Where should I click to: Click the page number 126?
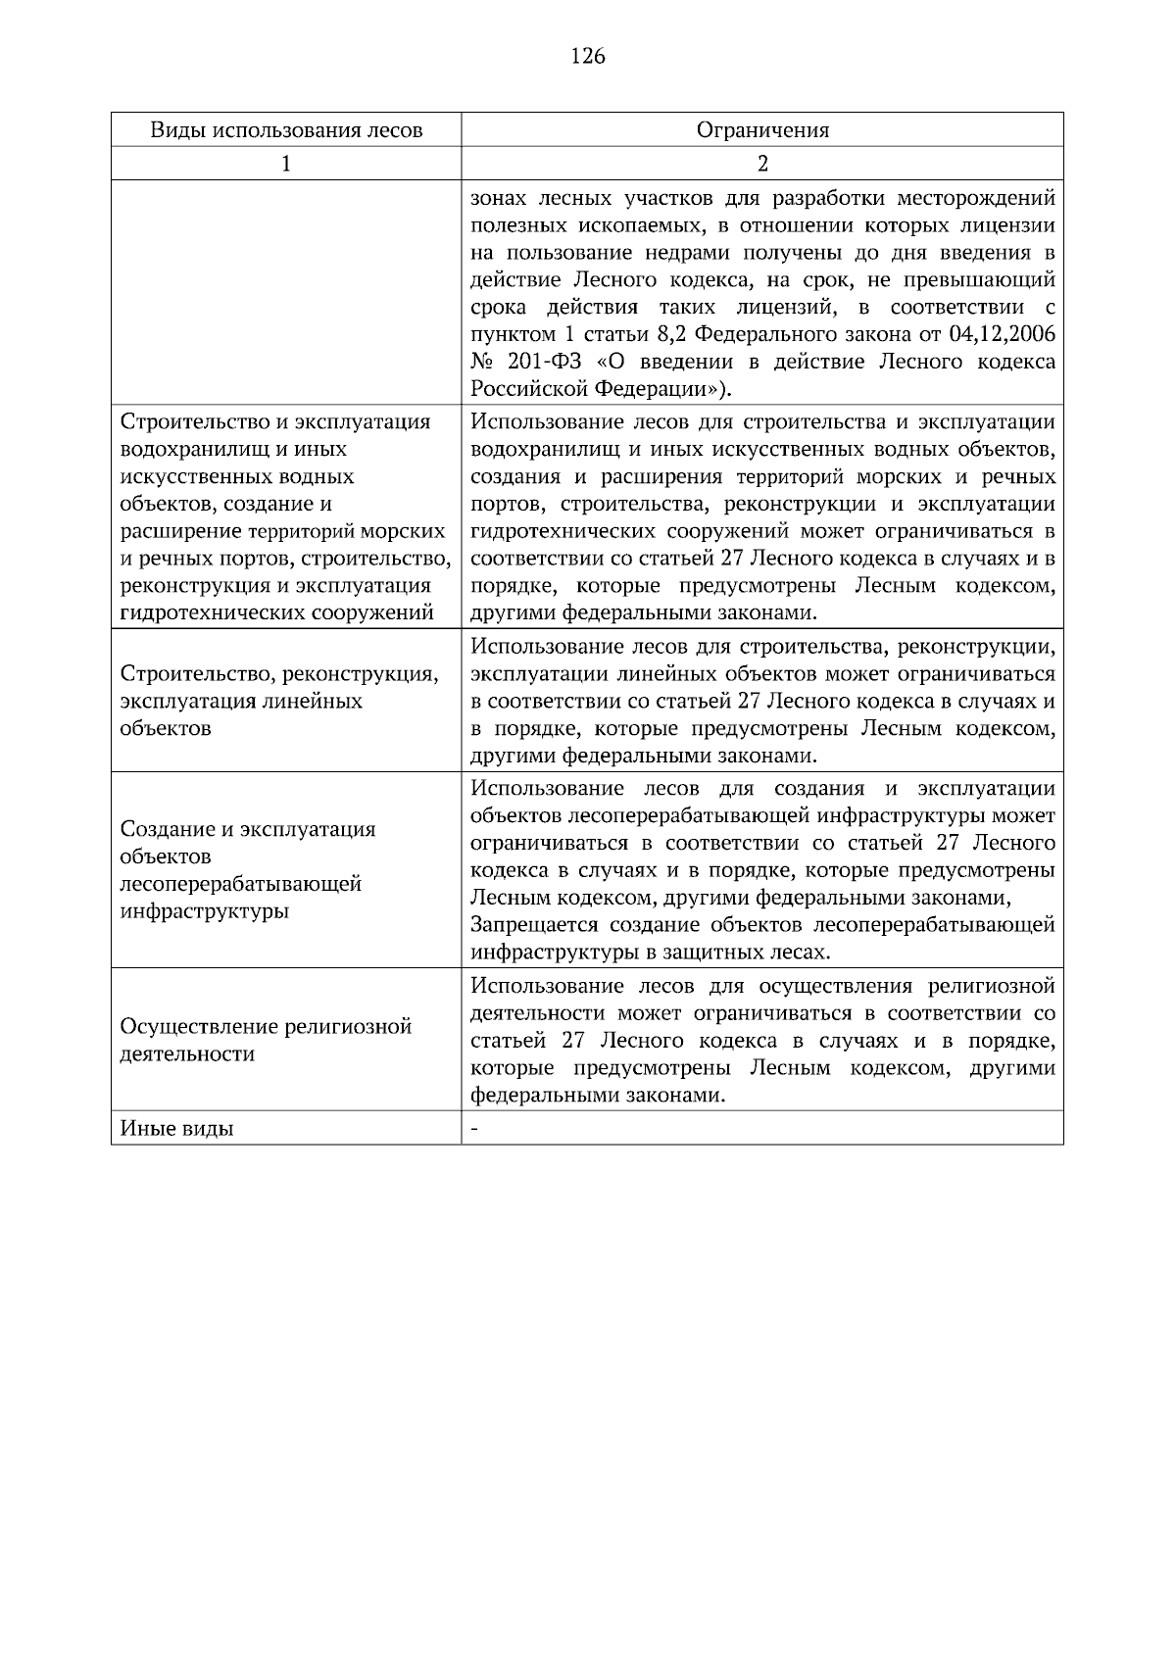click(588, 56)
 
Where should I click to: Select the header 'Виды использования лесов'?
click(286, 130)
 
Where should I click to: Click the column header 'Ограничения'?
click(762, 130)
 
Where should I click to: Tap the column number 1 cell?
click(286, 164)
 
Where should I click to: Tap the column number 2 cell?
click(762, 164)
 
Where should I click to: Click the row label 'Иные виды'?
click(176, 1129)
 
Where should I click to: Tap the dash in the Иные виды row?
click(474, 1129)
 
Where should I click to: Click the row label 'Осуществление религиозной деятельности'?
click(265, 1041)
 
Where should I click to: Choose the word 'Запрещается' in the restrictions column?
click(534, 925)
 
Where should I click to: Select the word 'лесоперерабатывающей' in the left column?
click(240, 885)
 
